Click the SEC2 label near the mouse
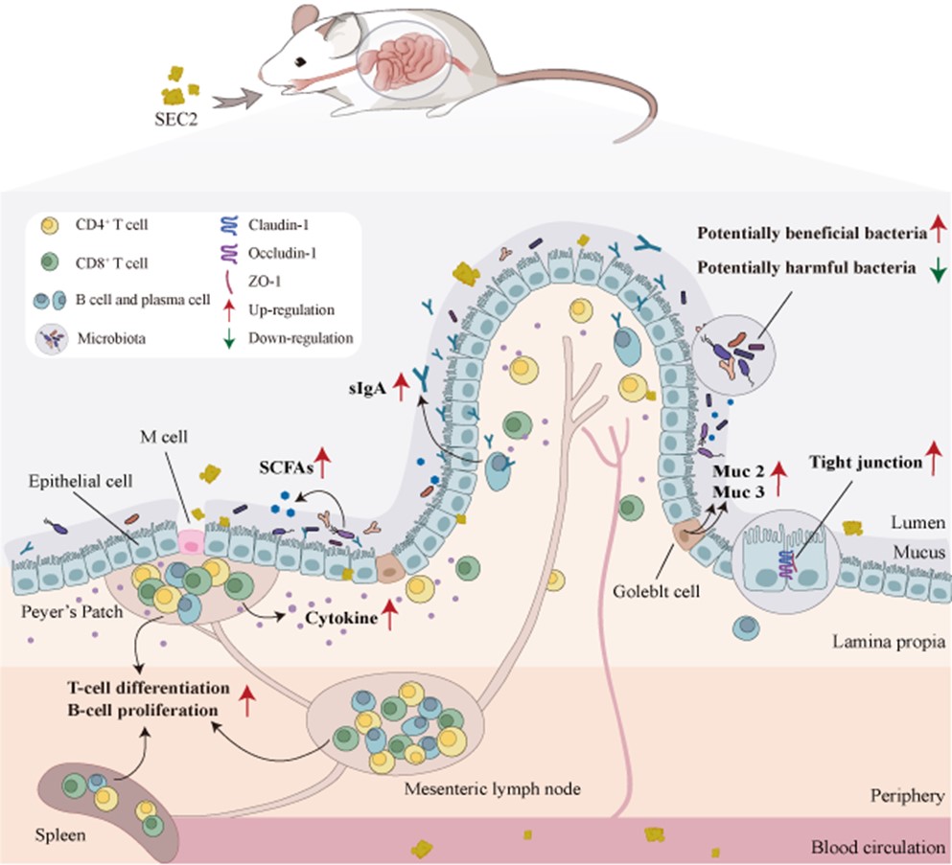(x=176, y=118)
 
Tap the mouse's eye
(x=300, y=62)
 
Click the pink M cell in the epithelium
(x=191, y=541)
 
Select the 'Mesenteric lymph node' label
(x=493, y=788)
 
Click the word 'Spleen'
(x=60, y=835)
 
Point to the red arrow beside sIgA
(x=400, y=387)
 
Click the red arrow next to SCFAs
(x=322, y=463)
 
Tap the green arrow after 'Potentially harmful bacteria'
(x=938, y=269)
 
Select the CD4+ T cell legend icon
(x=50, y=226)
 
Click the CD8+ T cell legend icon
(x=50, y=262)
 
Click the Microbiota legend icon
(x=52, y=338)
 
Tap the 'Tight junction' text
(x=866, y=463)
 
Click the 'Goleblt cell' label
(x=657, y=591)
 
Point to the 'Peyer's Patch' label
(x=72, y=611)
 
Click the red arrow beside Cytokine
(x=389, y=614)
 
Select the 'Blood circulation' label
(x=878, y=847)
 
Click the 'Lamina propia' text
(x=889, y=642)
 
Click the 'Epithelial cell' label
(x=81, y=481)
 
